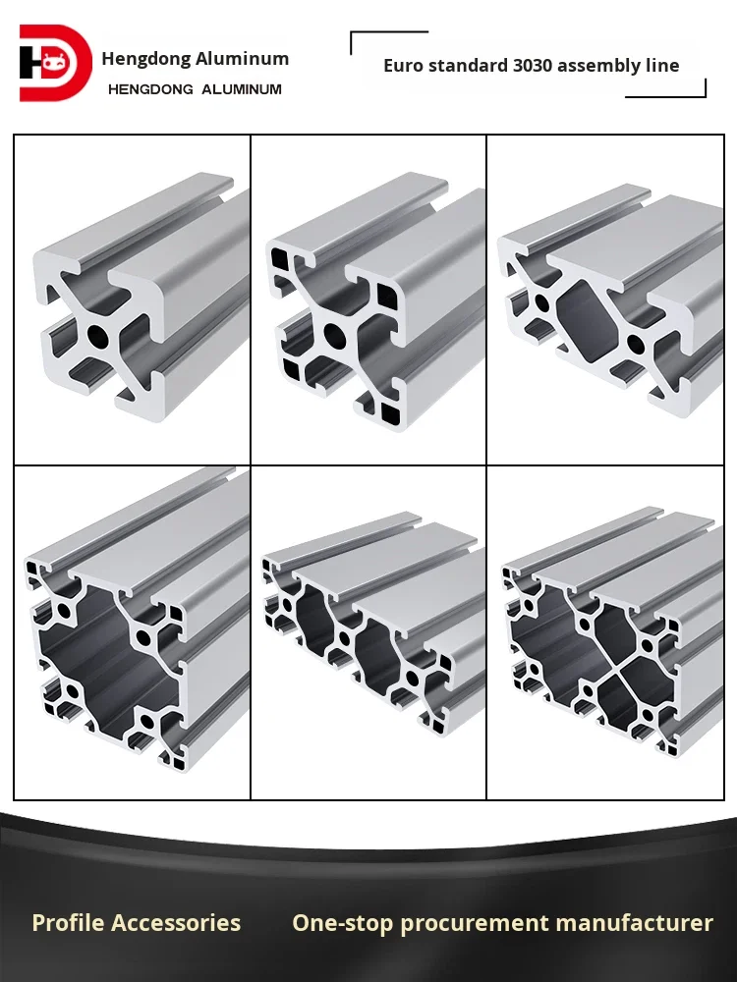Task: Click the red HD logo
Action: click(56, 63)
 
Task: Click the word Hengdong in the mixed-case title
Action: click(146, 59)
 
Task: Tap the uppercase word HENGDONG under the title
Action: click(150, 89)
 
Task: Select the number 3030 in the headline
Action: click(533, 65)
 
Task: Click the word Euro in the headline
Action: click(401, 65)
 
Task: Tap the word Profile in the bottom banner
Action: click(69, 922)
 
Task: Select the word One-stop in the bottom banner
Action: click(342, 923)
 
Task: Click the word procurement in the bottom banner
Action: click(475, 924)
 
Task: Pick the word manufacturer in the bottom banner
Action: click(634, 923)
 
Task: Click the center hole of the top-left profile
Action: click(97, 336)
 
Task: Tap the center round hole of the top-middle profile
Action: click(333, 336)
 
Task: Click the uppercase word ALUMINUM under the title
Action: click(242, 89)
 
